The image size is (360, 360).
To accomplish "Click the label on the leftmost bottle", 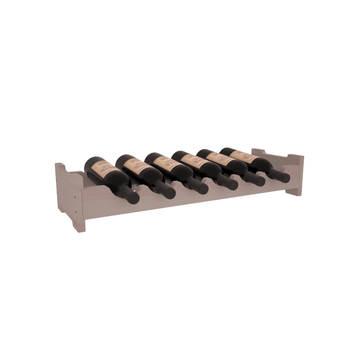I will click(x=100, y=171).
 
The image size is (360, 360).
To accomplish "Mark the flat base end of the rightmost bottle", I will click(x=224, y=151).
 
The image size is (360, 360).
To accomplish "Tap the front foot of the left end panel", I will click(x=81, y=224).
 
